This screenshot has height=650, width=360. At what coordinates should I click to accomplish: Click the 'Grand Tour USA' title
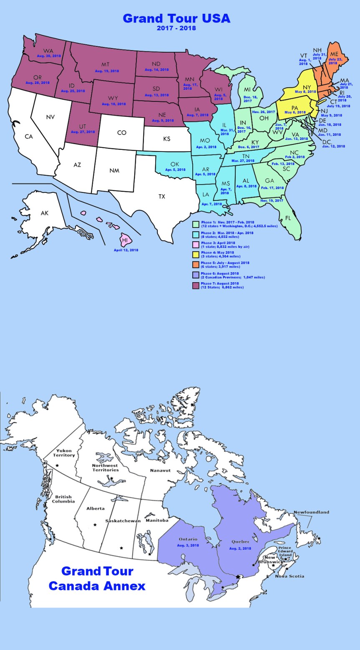point(176,18)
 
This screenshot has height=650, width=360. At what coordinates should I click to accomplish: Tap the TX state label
point(161,196)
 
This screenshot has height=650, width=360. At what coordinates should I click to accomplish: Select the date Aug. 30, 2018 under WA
point(49,56)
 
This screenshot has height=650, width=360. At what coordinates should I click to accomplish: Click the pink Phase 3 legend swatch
point(195,244)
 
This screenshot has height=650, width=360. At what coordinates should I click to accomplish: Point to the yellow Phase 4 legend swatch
point(195,254)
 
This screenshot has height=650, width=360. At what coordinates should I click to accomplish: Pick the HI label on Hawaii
point(125,240)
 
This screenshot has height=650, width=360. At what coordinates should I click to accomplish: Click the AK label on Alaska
point(45,213)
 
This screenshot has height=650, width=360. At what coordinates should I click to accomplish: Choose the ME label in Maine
point(334,54)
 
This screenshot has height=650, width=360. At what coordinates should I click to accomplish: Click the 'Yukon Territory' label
point(66,453)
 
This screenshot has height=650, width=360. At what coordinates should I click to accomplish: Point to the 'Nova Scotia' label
point(290,576)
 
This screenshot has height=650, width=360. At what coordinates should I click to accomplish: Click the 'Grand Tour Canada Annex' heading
point(97,578)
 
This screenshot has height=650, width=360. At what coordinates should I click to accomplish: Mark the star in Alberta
point(95,524)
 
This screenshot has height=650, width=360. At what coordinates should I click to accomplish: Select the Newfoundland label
point(311,512)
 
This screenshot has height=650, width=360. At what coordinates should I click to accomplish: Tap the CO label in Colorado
point(121,133)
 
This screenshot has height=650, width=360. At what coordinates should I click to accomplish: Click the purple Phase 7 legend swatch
point(195,285)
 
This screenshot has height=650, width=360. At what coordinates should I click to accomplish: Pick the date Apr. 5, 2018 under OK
point(174,170)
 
